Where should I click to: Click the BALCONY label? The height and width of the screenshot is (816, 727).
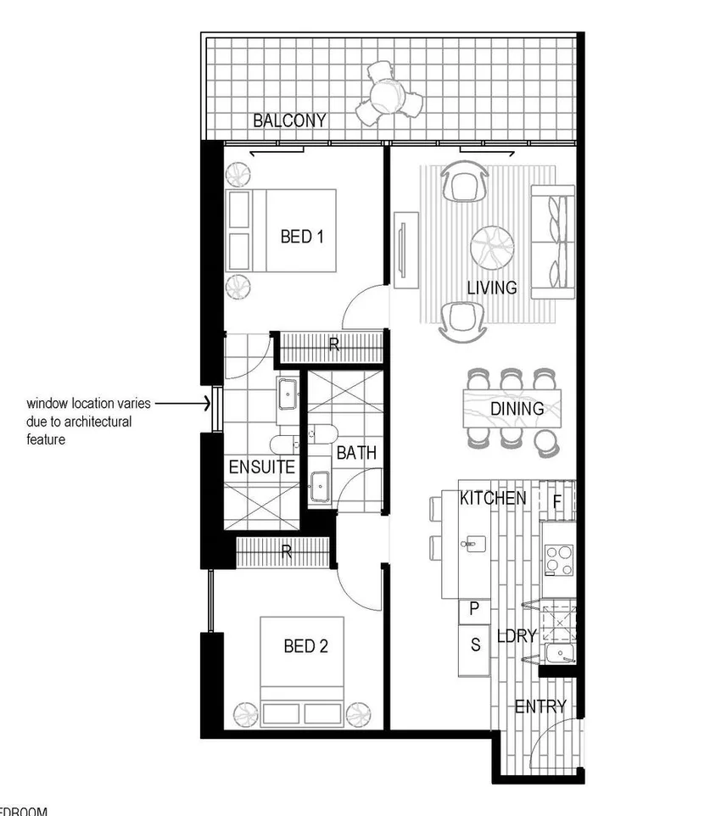point(289,120)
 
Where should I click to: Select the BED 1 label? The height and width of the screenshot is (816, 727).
point(302,237)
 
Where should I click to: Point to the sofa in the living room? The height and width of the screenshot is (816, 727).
point(553,242)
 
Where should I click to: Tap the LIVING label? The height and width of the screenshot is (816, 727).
point(492,288)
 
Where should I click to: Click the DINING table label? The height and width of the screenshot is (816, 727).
point(517,409)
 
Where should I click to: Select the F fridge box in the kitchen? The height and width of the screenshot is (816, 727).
point(557,500)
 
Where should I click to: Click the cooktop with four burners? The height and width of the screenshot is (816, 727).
point(559,561)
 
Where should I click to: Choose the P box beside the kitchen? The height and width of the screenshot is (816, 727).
point(474,609)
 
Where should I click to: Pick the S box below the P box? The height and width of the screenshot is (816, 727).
point(475,646)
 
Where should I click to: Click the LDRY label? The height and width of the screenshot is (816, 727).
point(517,635)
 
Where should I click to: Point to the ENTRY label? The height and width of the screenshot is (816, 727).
point(540,707)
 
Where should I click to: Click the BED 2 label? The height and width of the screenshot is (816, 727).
point(305,646)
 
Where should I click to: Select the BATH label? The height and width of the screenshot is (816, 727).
point(356,453)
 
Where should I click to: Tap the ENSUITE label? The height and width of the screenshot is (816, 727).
point(262,467)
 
